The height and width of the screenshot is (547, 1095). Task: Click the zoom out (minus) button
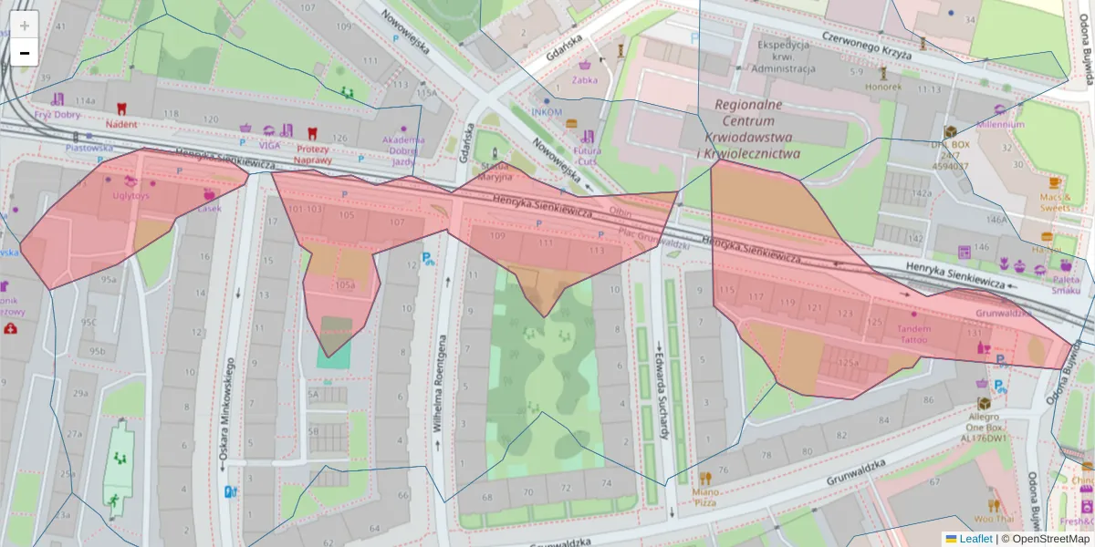click(x=25, y=53)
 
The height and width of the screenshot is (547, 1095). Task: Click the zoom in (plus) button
click(x=25, y=25)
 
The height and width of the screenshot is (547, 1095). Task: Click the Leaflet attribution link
click(x=975, y=539)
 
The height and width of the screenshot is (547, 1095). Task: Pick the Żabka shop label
click(x=584, y=79)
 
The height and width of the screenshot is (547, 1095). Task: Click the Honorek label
click(x=883, y=88)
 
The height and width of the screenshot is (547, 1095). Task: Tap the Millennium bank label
click(x=1001, y=124)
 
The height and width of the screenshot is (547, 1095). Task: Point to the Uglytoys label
click(x=130, y=195)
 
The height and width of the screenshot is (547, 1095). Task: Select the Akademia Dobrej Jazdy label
click(x=404, y=150)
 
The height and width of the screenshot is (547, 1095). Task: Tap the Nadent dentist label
click(x=121, y=124)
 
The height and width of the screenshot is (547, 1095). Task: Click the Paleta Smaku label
click(x=1066, y=284)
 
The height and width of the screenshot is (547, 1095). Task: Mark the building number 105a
click(x=345, y=284)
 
